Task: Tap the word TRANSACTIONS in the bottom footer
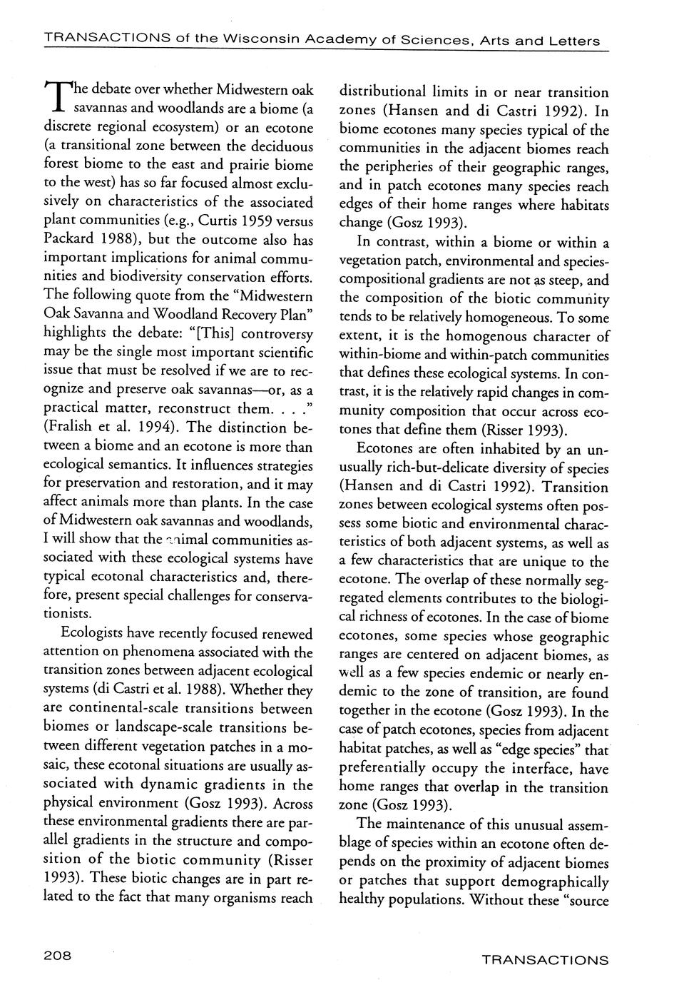[x=545, y=960]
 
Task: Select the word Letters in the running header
[x=574, y=41]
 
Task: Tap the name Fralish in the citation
[x=74, y=428]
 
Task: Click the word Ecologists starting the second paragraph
[x=96, y=633]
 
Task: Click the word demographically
[x=547, y=881]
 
